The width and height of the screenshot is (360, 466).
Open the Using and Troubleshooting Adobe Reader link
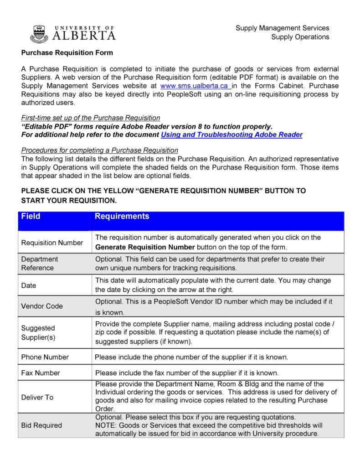point(231,135)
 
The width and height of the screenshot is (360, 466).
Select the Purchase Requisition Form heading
point(67,53)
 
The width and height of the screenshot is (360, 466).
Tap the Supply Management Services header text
point(282,28)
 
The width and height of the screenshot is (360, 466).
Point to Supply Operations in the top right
point(300,37)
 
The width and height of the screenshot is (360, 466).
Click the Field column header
point(31,217)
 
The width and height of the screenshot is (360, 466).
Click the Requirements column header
point(122,217)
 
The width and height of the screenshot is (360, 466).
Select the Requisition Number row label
point(52,243)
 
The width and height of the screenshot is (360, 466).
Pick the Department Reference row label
point(40,264)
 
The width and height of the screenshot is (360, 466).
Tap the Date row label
point(29,285)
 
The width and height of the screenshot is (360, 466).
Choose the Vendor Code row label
point(42,306)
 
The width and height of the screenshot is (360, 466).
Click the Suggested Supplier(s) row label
point(38,332)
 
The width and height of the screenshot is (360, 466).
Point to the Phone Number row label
point(45,357)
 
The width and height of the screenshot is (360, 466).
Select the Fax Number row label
point(41,373)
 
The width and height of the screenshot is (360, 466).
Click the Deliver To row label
point(37,397)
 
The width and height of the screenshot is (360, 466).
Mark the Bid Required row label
point(41,425)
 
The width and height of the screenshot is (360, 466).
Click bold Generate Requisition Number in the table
point(145,247)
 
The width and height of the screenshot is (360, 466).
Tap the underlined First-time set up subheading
point(91,118)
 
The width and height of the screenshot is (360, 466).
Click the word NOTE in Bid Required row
point(105,425)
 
